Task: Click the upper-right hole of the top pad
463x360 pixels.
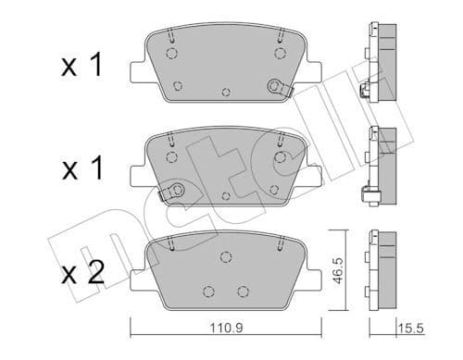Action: pos(279,53)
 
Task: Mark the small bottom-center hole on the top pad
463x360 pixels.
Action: pos(226,93)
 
